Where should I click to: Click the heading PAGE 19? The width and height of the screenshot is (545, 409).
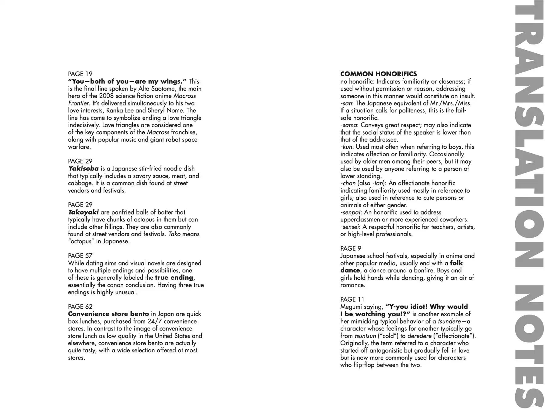[80, 74]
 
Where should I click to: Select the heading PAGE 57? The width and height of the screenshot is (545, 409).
[80, 256]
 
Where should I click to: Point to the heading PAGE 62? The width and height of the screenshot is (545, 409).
[80, 307]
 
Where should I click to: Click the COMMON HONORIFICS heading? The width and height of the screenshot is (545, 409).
[378, 74]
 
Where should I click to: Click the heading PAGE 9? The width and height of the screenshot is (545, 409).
[351, 248]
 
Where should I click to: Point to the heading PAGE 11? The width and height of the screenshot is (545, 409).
[352, 299]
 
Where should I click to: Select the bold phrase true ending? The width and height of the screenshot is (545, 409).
[174, 278]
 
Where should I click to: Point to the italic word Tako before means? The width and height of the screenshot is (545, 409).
[174, 234]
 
